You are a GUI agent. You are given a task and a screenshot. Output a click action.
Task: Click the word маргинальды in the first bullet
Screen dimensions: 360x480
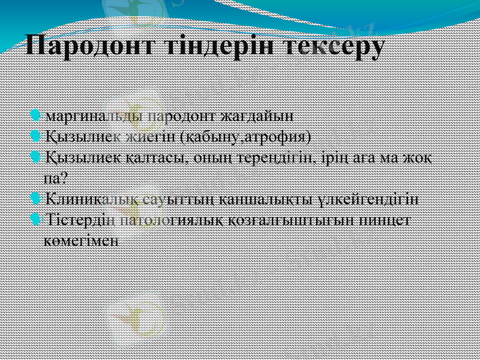pyautogui.click(x=93, y=115)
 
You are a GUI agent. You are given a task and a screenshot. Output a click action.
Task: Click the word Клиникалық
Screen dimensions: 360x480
pyautogui.click(x=85, y=198)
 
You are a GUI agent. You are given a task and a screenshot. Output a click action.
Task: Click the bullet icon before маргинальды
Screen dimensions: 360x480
pyautogui.click(x=35, y=114)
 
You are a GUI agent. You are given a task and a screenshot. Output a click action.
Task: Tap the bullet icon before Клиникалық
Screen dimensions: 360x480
pyautogui.click(x=35, y=197)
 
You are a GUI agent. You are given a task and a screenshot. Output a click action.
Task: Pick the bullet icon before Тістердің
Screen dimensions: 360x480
pyautogui.click(x=35, y=219)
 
